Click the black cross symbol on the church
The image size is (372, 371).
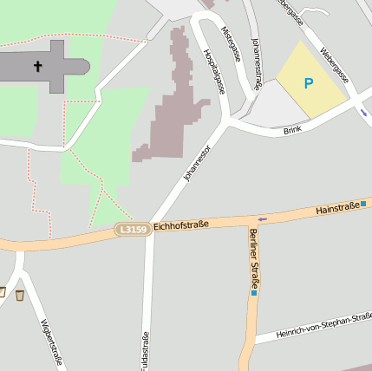[38, 66]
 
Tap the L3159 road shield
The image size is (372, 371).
[132, 229]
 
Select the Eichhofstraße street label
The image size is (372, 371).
[180, 225]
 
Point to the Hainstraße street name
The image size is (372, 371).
[336, 208]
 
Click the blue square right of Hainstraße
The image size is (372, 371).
[364, 205]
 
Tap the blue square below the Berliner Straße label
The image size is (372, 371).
[254, 293]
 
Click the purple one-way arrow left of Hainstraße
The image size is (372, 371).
[262, 218]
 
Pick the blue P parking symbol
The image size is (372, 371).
[308, 84]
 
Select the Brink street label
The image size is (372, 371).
[293, 131]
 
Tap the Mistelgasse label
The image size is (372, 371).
[231, 43]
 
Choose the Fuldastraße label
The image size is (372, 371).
[145, 352]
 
